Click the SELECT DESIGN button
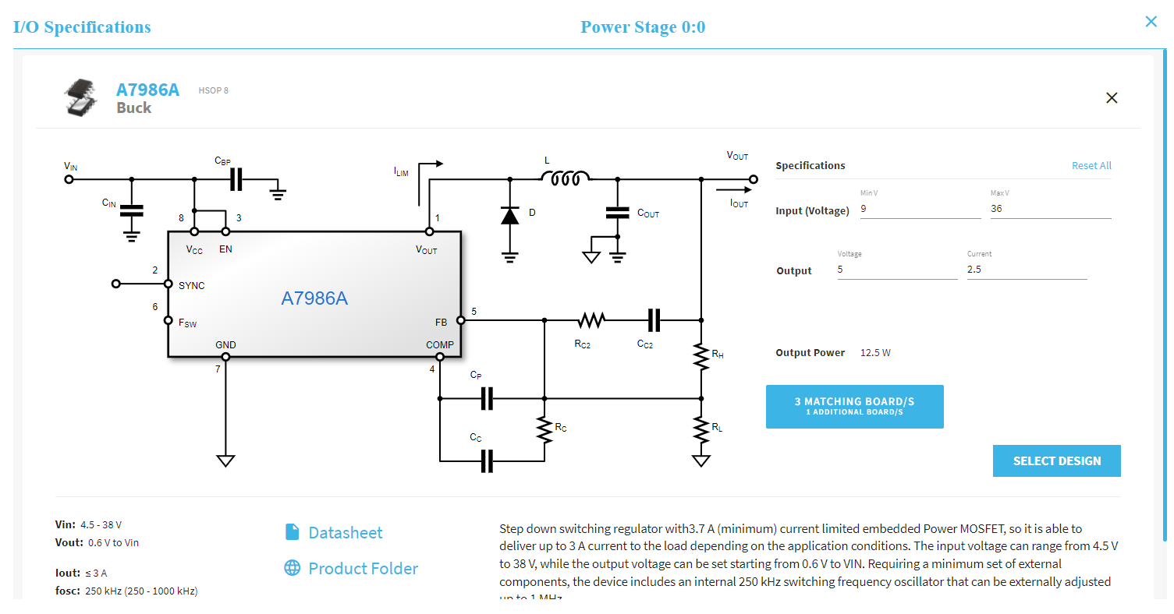(1056, 460)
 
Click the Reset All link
(1091, 165)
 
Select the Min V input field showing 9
(920, 209)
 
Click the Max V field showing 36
(1050, 209)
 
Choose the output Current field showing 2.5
(1026, 270)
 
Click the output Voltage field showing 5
(896, 270)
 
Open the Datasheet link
(345, 533)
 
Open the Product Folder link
(363, 569)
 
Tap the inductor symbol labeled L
(565, 179)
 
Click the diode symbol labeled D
(510, 215)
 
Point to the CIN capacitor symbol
(132, 210)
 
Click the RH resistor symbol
(701, 355)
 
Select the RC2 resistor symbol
(591, 320)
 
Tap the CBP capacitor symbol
(236, 179)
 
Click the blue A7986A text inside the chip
(314, 298)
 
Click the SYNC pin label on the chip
(191, 286)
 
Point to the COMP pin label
(439, 345)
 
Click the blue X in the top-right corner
(1151, 22)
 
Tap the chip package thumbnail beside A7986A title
(82, 98)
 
